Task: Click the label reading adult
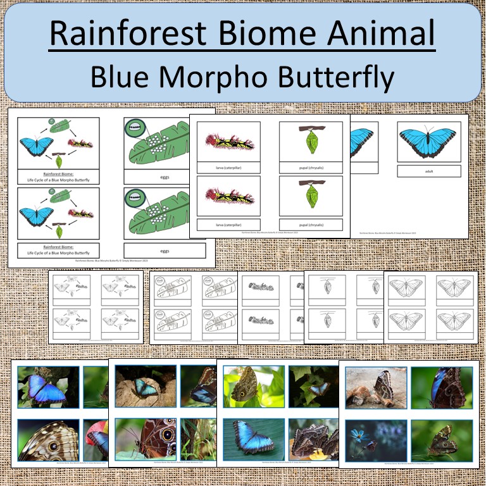[429, 171]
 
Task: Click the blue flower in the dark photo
[358, 437]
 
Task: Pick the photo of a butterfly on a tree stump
[144, 387]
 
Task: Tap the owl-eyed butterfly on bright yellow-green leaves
[247, 387]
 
